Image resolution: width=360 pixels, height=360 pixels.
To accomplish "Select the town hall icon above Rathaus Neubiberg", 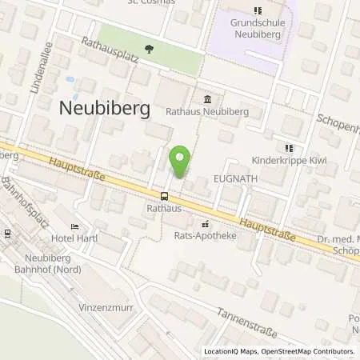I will point(208,99).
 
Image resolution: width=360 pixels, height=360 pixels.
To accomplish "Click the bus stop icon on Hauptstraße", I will point(165,196).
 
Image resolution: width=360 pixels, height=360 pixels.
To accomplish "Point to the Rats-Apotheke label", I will point(205,236).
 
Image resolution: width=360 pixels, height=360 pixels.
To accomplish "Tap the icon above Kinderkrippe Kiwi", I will point(289,148).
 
